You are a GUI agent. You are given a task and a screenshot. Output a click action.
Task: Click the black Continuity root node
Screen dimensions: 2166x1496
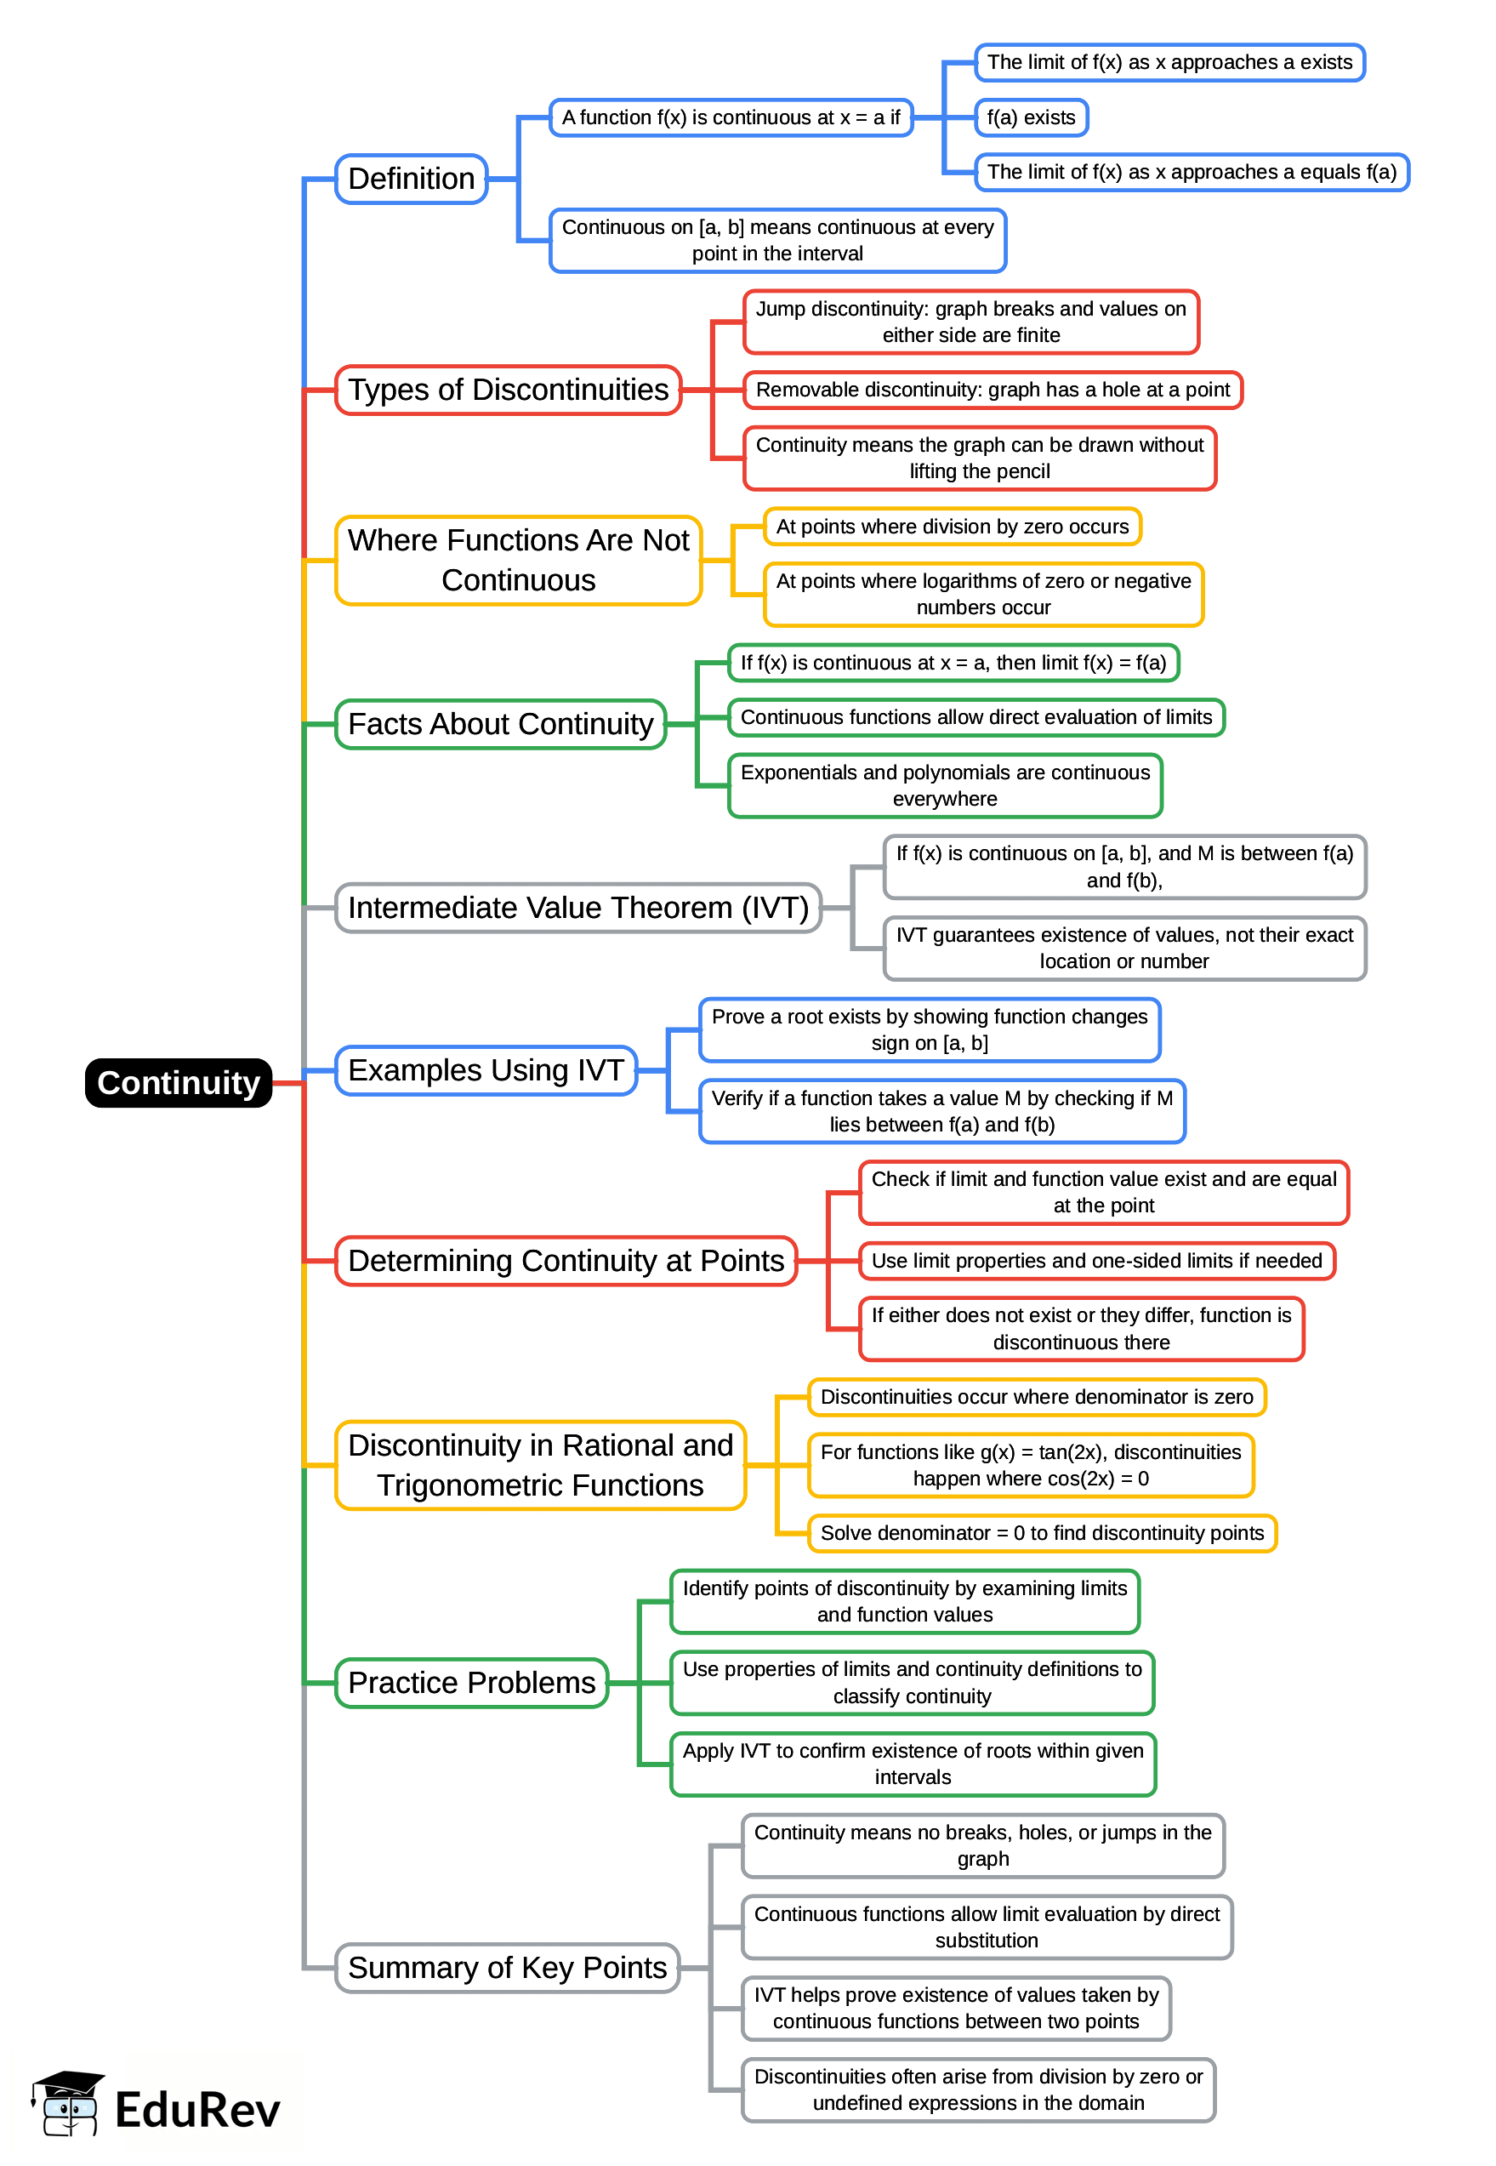(178, 1083)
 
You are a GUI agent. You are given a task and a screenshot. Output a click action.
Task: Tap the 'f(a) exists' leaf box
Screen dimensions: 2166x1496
(1030, 118)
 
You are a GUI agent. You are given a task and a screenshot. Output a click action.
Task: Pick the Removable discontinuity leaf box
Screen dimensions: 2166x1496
(992, 390)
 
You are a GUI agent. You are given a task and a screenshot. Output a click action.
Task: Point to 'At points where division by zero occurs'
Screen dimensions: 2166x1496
(952, 527)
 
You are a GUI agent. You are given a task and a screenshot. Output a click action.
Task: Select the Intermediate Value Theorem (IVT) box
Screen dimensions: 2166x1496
(577, 908)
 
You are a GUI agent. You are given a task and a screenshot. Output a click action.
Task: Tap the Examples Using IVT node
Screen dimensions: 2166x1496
(486, 1070)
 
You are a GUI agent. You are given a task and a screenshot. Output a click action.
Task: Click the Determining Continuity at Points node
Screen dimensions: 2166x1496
(566, 1260)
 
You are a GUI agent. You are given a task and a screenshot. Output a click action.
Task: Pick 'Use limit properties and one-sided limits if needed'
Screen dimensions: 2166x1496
(1095, 1260)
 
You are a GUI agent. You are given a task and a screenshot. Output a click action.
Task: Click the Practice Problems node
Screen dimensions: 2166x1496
(471, 1682)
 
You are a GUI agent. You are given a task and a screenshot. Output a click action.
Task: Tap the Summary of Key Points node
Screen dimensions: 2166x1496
(506, 1967)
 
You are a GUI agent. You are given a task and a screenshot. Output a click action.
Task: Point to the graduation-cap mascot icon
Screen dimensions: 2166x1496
(67, 2102)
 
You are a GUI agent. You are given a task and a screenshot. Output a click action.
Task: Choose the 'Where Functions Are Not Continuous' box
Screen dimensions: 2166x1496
(517, 561)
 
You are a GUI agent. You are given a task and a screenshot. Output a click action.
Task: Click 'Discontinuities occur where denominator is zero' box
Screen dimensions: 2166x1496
(1036, 1397)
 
